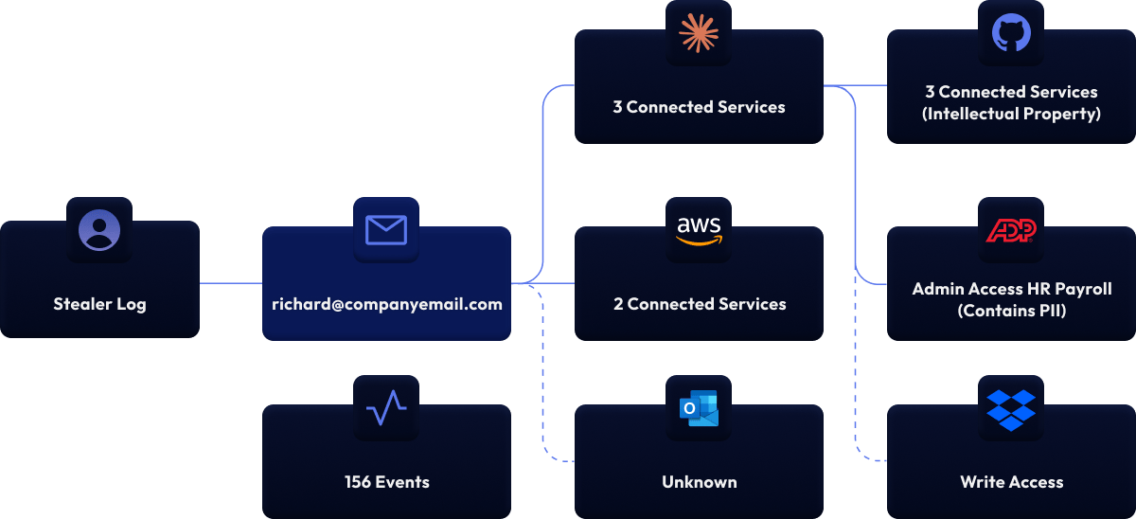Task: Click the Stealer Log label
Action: tap(99, 304)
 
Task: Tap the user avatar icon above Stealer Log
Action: tap(99, 230)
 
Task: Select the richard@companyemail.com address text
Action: tap(386, 304)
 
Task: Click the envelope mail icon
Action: tap(386, 230)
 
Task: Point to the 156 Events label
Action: tap(386, 482)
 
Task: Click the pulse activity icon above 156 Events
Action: tap(386, 408)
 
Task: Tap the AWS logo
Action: tap(699, 230)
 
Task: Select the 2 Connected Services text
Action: tap(699, 304)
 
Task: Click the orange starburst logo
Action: tap(699, 33)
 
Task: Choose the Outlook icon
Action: tap(699, 408)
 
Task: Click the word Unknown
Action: tap(699, 482)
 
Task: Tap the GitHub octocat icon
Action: tap(1011, 33)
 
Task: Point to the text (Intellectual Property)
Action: tap(1011, 115)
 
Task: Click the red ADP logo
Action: tap(1011, 230)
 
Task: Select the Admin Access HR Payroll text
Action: tap(1011, 289)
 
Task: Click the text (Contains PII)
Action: tap(1011, 310)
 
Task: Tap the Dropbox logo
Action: tap(1011, 408)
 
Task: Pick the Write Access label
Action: tap(1011, 482)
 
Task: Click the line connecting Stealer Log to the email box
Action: tap(231, 282)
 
